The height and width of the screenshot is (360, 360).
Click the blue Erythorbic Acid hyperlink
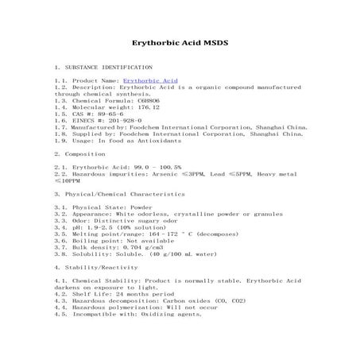[x=151, y=81]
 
